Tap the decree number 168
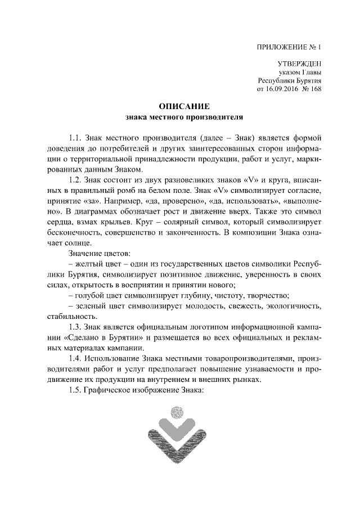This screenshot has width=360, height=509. [x=315, y=89]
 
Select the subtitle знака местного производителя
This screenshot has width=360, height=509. [x=184, y=118]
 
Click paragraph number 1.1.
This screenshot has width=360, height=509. [x=75, y=138]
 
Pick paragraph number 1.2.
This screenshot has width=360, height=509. [x=75, y=181]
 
